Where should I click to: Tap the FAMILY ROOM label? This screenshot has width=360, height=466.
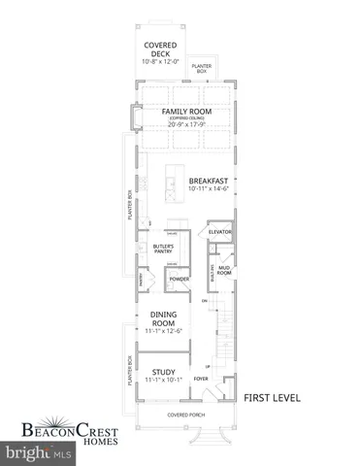point(186,112)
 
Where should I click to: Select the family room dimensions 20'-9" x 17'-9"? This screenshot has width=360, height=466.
point(186,124)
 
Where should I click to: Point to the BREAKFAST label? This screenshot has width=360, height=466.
point(209,181)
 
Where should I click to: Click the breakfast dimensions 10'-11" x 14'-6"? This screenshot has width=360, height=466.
point(209,189)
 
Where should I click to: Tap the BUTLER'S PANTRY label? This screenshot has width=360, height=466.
point(162,251)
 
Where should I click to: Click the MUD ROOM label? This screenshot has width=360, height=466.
point(224,271)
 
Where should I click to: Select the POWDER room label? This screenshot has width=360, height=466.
point(179,280)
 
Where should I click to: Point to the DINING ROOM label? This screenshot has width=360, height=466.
point(163,318)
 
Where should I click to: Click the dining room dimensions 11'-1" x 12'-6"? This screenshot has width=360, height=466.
point(163,332)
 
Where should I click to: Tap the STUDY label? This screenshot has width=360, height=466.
point(163,370)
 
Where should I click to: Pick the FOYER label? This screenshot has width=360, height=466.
point(201,379)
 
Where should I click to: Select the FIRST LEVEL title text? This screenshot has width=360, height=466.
point(273,398)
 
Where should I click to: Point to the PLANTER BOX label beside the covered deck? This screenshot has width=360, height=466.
point(202,68)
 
